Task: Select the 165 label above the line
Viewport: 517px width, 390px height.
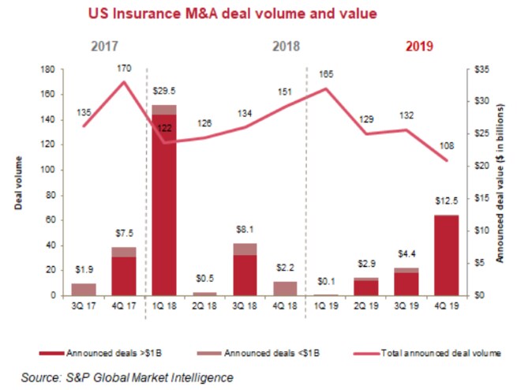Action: click(325, 73)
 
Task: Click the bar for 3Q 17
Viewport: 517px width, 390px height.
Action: click(83, 289)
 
